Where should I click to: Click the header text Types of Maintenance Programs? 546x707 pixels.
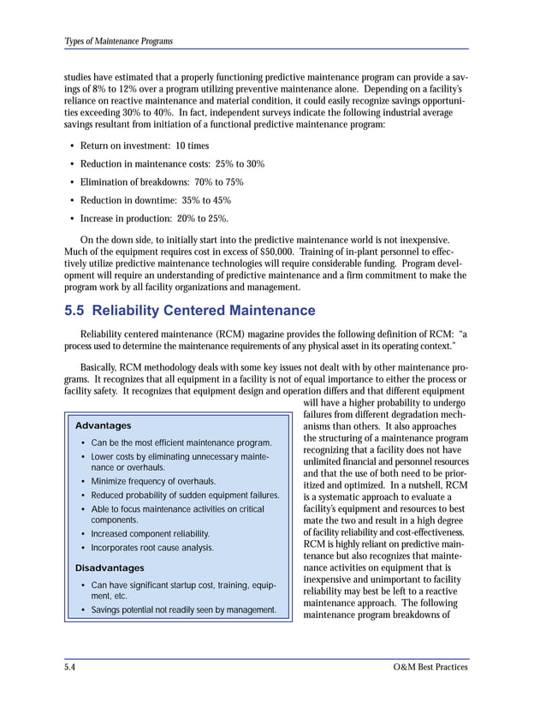coord(118,41)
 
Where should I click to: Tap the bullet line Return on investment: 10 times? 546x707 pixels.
coord(144,146)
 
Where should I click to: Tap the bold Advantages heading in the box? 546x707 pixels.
coord(104,425)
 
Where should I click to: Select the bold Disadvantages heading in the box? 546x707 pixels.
coord(110,567)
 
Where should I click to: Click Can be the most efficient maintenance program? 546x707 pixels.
coord(181,443)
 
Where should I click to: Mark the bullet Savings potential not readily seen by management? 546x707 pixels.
coord(183,610)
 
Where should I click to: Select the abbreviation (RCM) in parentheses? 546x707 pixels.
coord(217,334)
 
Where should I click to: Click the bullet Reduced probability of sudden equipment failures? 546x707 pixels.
coord(185,496)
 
